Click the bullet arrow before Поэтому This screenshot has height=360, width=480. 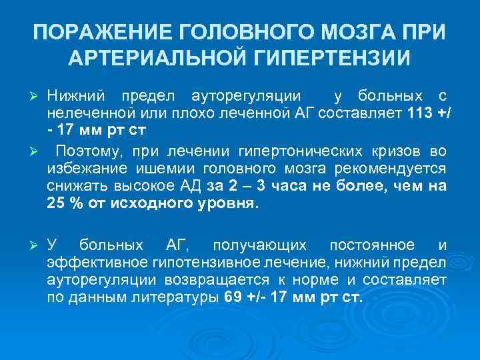pos(38,155)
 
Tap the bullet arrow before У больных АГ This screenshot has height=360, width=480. pos(38,246)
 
